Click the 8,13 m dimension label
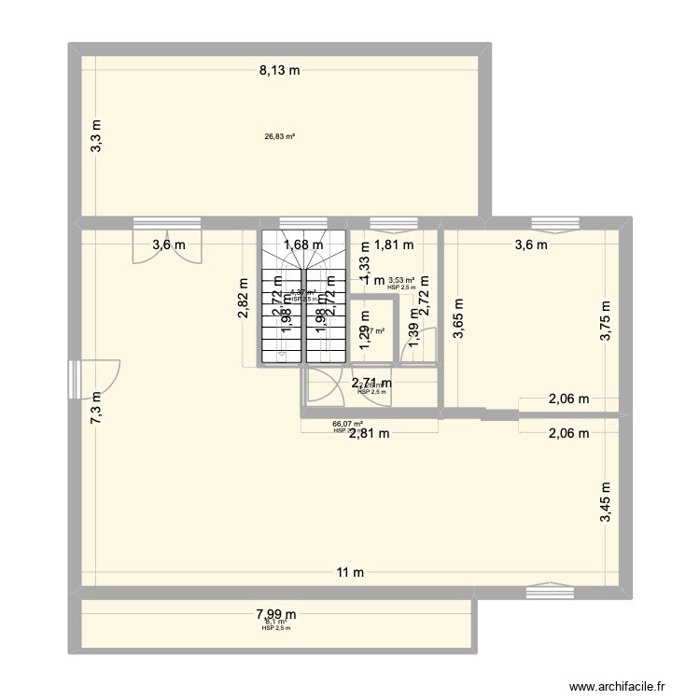click(x=280, y=68)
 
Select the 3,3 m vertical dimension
click(x=96, y=136)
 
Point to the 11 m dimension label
click(x=351, y=572)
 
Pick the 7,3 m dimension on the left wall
click(x=96, y=408)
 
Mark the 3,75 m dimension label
click(x=605, y=319)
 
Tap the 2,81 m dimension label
click(x=371, y=432)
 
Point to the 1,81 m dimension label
click(x=393, y=246)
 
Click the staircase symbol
click(x=303, y=299)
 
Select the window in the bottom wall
click(x=545, y=592)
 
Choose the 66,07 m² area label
click(x=347, y=424)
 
